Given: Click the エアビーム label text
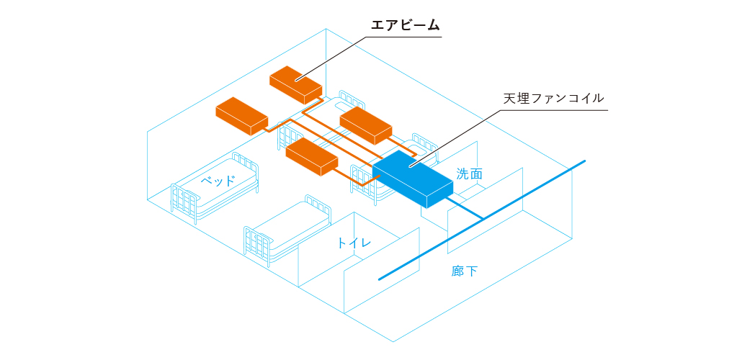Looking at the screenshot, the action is click(x=405, y=26).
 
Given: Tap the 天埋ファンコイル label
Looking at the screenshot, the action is click(x=553, y=99).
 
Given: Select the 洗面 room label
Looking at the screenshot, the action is click(x=469, y=174).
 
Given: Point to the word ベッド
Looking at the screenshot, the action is click(x=218, y=181).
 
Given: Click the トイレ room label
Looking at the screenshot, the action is click(x=354, y=243).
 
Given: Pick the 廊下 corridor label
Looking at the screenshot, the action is click(x=465, y=271).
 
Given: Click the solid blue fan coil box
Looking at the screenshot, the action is click(x=413, y=179).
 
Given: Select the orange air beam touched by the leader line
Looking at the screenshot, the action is click(x=295, y=84).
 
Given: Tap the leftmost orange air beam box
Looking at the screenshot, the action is click(x=242, y=116).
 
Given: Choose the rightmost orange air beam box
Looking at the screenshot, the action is click(x=366, y=125).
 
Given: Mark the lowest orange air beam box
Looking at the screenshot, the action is click(x=311, y=156).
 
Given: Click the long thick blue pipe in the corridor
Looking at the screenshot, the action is click(x=482, y=220).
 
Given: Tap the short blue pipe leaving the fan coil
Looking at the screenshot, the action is click(x=464, y=208).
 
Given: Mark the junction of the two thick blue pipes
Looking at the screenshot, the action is click(x=483, y=220).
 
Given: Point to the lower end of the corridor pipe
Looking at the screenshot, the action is click(x=380, y=279).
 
